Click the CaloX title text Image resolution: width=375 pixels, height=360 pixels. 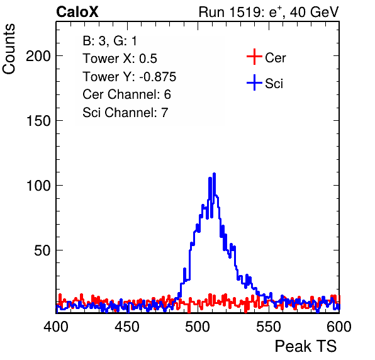tap(77, 12)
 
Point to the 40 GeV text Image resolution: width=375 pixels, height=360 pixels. tap(314, 12)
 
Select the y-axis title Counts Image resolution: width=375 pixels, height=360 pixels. tap(9, 49)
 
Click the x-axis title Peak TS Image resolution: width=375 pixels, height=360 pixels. tap(306, 346)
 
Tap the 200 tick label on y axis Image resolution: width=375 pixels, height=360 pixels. tap(38, 56)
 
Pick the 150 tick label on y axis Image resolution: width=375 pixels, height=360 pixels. tap(38, 121)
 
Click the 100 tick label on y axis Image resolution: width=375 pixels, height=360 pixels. tap(38, 186)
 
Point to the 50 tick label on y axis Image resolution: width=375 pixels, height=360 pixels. tap(43, 250)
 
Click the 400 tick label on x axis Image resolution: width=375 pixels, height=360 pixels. tap(56, 327)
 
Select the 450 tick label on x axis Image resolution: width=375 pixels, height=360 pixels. tap(126, 327)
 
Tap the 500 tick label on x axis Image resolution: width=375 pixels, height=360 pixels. tap(198, 327)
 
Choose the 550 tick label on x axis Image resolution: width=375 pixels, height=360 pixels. tap(268, 327)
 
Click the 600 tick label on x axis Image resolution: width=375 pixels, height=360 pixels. tap(339, 327)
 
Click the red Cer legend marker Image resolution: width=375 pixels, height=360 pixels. tap(254, 57)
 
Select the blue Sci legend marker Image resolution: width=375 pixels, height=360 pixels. tap(254, 83)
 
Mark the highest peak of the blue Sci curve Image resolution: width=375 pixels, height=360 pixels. tap(215, 174)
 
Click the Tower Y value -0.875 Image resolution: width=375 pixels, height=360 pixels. tap(157, 77)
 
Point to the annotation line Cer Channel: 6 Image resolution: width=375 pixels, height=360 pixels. tap(126, 94)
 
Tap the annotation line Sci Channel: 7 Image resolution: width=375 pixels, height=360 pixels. tap(125, 113)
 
